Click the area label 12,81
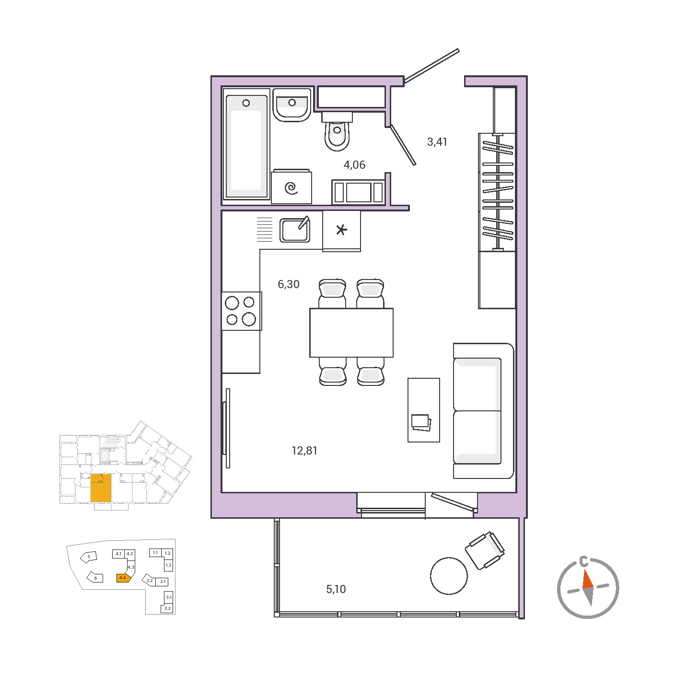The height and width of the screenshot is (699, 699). [304, 451]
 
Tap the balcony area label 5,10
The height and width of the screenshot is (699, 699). [336, 590]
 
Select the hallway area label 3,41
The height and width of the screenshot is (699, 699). [437, 142]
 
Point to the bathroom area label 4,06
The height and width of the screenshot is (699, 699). [354, 165]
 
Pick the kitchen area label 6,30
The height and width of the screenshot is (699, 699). [289, 284]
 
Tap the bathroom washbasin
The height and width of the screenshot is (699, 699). [292, 105]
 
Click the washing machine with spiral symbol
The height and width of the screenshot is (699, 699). [291, 186]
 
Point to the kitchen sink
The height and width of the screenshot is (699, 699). [295, 230]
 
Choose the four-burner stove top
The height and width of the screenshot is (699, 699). [241, 311]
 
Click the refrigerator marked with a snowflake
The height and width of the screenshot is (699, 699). [341, 231]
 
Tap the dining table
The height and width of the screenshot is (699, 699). [351, 333]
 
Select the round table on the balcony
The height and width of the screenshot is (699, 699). [449, 576]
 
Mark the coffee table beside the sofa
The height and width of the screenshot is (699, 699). [424, 410]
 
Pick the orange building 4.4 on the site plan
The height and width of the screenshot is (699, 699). [123, 578]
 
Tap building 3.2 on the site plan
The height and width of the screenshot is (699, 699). [168, 608]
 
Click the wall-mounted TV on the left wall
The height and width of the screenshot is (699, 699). [227, 429]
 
